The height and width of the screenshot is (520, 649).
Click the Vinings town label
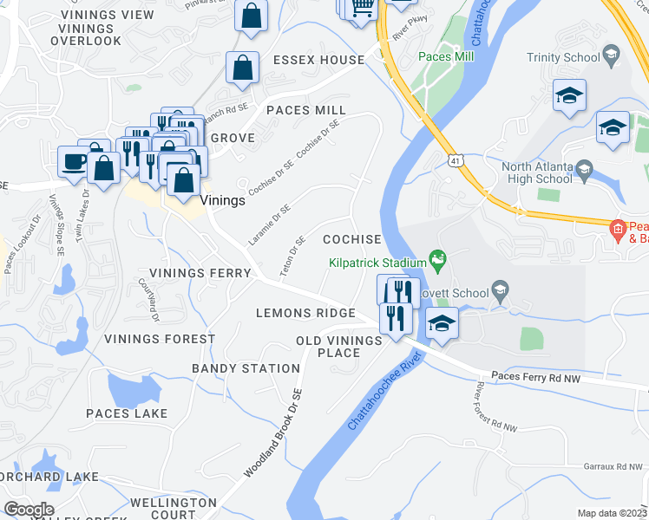(222, 199)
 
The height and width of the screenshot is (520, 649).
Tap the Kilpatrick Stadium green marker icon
(439, 259)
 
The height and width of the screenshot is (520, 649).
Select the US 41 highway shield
(456, 160)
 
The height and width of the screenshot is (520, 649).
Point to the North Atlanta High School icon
(584, 167)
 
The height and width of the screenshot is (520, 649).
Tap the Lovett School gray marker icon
(499, 289)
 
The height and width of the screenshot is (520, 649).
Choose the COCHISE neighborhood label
(351, 239)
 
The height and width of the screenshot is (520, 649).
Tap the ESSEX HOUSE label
(318, 60)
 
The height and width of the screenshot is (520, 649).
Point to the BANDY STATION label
(246, 368)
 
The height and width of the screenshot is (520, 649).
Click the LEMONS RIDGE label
(305, 313)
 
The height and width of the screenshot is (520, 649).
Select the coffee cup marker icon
(73, 160)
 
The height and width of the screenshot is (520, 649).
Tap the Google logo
(29, 510)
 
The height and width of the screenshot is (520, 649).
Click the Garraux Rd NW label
(611, 466)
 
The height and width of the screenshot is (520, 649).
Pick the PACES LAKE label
(127, 413)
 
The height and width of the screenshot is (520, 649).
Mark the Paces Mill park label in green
(446, 56)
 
